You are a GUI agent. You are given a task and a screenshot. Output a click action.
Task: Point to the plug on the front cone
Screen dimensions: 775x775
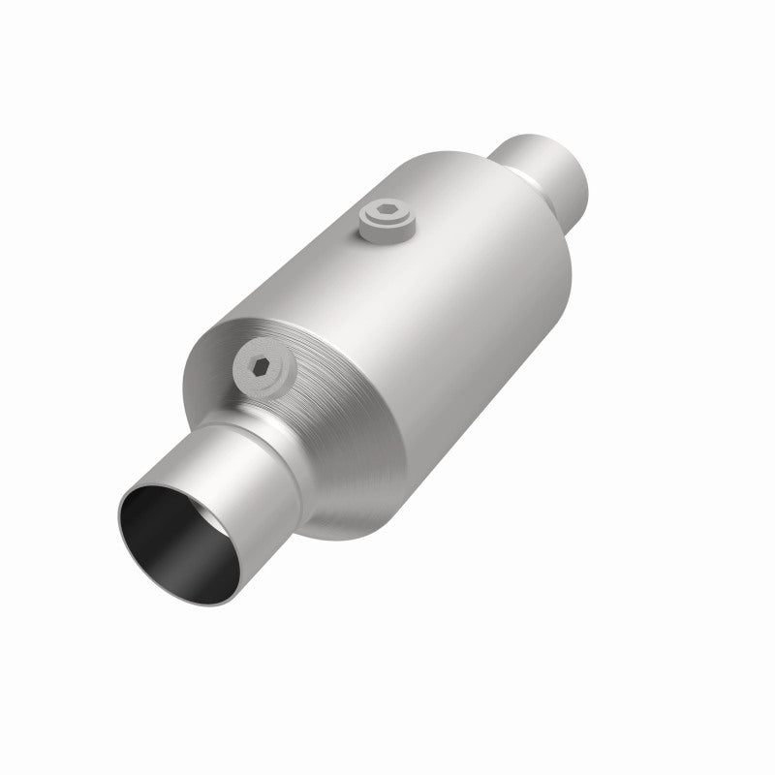pos(263,368)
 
